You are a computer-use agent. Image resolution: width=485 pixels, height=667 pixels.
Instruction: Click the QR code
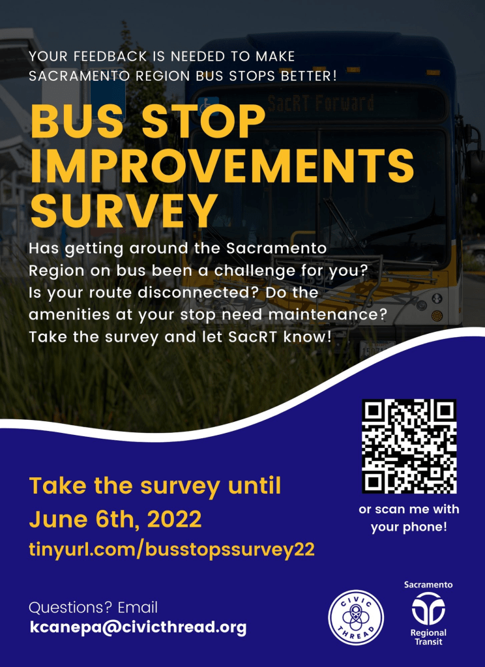point(409,446)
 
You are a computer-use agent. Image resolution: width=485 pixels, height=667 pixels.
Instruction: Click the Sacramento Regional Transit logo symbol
point(428,608)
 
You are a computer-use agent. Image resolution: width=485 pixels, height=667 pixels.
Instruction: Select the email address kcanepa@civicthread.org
point(138,627)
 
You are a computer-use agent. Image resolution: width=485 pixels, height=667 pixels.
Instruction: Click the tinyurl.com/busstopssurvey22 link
point(172,550)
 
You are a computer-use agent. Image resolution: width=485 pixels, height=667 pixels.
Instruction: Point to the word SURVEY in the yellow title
point(122,211)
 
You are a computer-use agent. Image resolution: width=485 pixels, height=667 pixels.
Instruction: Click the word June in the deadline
point(55,520)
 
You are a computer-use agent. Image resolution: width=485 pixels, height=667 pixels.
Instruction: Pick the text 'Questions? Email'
point(93,608)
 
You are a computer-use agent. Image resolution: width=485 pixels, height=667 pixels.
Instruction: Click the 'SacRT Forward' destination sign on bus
point(321,103)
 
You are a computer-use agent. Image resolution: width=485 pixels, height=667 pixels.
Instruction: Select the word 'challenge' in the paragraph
point(282,272)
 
